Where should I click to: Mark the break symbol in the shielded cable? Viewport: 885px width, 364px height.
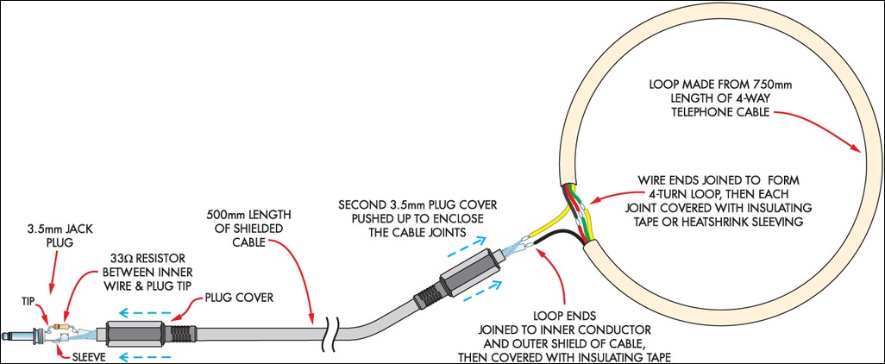pos(329,331)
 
